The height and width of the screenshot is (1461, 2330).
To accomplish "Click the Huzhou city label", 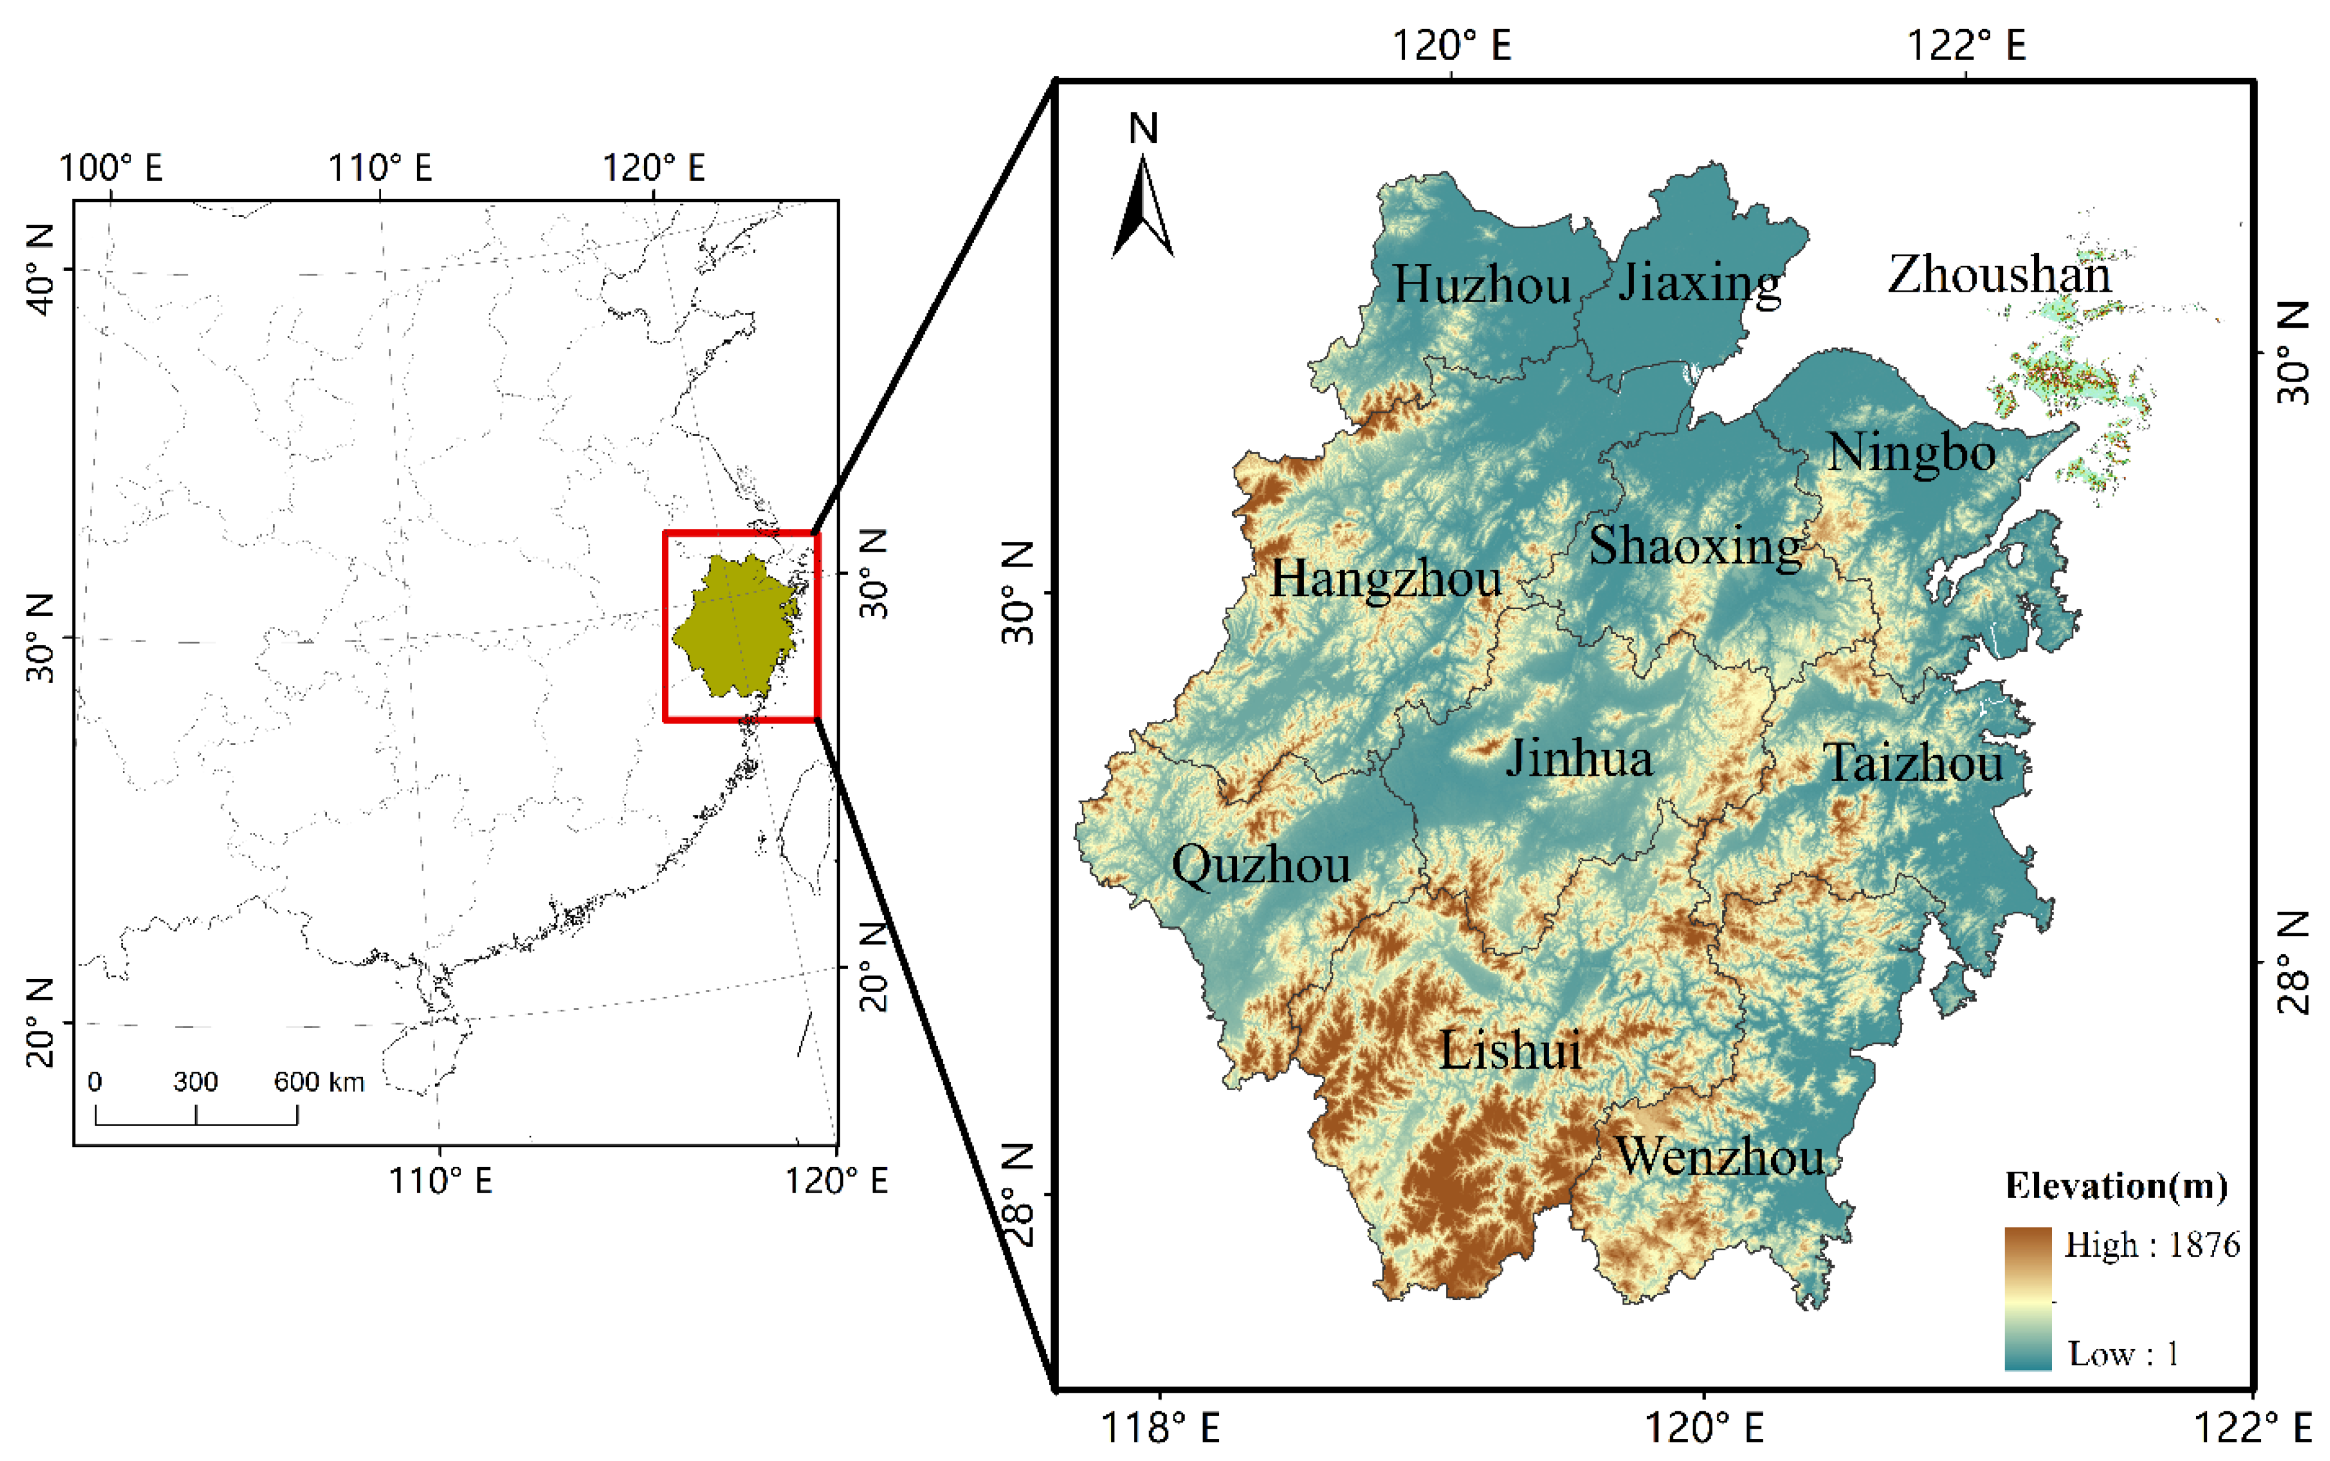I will tap(1481, 285).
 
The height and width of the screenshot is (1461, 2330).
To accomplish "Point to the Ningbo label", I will tap(1911, 452).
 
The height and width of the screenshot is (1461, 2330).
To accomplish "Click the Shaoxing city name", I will tap(1695, 546).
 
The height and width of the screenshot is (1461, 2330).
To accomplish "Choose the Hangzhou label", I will tap(1385, 579).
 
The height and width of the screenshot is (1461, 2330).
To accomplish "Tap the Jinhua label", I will tap(1578, 758).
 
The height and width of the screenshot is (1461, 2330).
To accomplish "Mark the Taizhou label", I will tap(1913, 763).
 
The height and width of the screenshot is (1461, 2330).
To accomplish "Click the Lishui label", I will tap(1510, 1049).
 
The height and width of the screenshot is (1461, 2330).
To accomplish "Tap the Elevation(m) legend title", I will tap(2116, 1185).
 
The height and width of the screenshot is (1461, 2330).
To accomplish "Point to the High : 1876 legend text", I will tap(2152, 1245).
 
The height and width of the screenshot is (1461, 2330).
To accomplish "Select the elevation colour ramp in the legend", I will tap(2028, 1297).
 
